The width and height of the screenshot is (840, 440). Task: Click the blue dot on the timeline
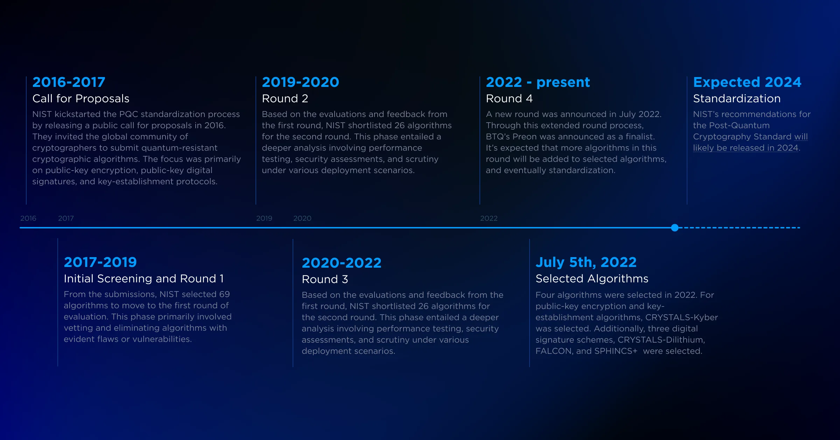675,228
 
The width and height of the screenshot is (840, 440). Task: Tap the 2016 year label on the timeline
28,218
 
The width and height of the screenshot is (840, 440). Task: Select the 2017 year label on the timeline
66,218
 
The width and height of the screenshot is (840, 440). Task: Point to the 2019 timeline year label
264,218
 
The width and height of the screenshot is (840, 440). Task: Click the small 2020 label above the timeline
302,218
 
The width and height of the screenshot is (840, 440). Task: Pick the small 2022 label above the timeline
489,218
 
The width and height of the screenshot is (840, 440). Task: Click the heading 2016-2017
69,82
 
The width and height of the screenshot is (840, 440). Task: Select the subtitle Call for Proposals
81,99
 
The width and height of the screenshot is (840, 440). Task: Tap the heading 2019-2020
301,82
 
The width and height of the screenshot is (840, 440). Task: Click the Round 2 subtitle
285,99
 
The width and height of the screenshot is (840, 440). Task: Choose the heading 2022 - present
538,82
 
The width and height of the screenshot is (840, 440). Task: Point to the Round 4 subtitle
509,99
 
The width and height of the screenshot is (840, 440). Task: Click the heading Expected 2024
747,82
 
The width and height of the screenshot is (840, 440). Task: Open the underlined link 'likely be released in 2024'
745,148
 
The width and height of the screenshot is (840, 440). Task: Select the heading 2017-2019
100,262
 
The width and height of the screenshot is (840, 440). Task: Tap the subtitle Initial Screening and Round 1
143,279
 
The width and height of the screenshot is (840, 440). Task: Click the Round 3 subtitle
325,280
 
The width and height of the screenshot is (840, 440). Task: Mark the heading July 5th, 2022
586,262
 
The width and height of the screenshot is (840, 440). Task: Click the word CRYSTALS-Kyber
681,317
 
